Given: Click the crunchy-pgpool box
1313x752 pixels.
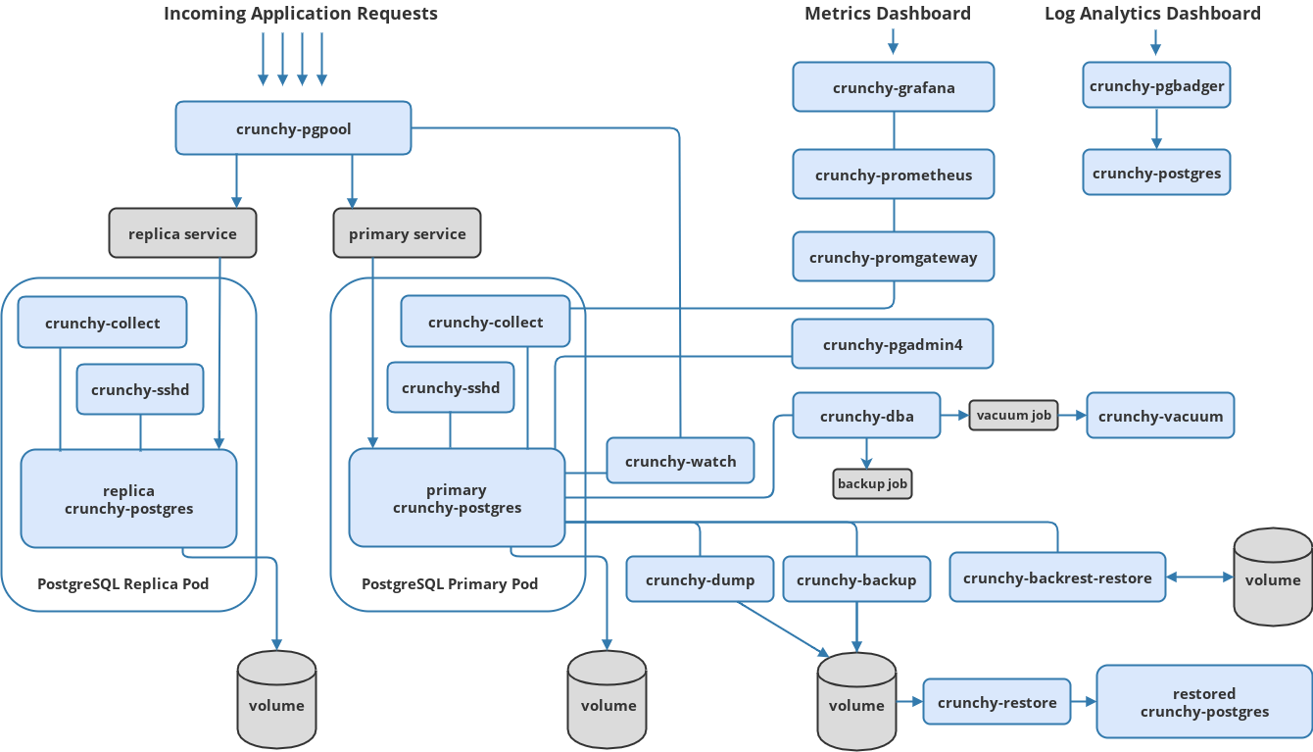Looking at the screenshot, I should tap(293, 128).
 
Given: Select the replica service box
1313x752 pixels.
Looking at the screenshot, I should tap(182, 233).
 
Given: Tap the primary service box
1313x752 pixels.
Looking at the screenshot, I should tap(407, 233).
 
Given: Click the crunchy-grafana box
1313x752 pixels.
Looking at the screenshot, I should tap(894, 87).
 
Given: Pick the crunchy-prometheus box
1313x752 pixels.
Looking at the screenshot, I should tap(894, 175).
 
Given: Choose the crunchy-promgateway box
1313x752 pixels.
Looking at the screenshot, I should tap(894, 257).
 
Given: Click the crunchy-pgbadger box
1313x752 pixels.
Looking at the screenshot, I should tap(1156, 85).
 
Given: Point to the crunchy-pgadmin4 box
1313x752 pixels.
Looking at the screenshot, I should tap(893, 344).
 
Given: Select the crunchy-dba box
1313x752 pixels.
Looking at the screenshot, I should tap(866, 416).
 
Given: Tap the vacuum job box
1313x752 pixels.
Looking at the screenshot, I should tap(1013, 415).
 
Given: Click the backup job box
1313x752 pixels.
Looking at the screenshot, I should tap(872, 483).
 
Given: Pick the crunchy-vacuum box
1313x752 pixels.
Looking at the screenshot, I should tap(1160, 416).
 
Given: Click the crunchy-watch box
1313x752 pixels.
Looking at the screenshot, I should tap(680, 461).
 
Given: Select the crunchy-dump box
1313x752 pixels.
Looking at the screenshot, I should tap(700, 579).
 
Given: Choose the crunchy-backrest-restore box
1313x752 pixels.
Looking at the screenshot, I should tap(1057, 577).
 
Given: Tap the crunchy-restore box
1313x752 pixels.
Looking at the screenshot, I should tap(997, 702).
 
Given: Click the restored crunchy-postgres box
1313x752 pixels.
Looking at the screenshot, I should tap(1204, 702).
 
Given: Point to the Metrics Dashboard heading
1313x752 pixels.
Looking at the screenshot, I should tap(888, 14).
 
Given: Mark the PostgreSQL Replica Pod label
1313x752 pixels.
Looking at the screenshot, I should tap(122, 584).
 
